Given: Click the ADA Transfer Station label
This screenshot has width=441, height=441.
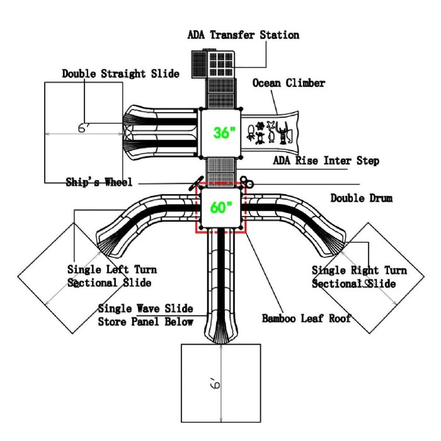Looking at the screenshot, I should click(243, 35).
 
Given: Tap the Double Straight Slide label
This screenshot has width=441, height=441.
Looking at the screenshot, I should click(120, 74).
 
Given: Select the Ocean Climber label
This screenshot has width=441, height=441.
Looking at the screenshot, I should click(289, 83).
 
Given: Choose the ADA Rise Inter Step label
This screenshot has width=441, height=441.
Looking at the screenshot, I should click(326, 161).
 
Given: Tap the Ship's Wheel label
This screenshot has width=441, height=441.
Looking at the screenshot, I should click(99, 183).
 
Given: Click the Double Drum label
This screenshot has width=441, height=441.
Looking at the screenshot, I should click(361, 198).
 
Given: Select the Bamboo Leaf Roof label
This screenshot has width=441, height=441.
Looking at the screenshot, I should click(306, 318).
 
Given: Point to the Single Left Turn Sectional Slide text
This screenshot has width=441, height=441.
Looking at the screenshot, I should click(112, 276).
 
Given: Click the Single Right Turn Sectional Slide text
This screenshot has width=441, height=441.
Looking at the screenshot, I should click(359, 277).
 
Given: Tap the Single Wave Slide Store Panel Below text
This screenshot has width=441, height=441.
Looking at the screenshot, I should click(146, 315).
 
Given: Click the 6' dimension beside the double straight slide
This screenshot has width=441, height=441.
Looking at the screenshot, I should click(83, 127).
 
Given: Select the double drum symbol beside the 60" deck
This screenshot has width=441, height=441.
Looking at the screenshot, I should click(246, 184).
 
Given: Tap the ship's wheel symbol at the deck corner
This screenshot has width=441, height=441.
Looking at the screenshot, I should click(192, 183).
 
